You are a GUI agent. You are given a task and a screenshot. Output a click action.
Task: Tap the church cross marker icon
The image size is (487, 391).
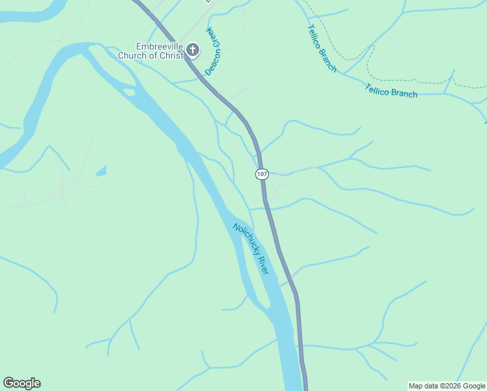[x=193, y=50]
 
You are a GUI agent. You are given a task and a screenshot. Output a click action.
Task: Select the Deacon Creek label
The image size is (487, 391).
[x=214, y=52]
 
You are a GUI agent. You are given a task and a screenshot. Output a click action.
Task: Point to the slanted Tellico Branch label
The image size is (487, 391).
[x=322, y=48]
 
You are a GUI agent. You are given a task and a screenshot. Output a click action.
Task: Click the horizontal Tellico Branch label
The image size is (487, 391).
[x=391, y=91]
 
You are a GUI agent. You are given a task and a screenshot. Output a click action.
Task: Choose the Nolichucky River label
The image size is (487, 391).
[x=251, y=248]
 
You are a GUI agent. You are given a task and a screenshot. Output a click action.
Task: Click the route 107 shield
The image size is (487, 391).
[x=262, y=174]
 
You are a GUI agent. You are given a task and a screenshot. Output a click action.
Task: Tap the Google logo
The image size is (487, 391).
[x=21, y=383]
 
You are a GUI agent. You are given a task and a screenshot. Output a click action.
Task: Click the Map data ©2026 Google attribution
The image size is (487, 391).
[x=447, y=386]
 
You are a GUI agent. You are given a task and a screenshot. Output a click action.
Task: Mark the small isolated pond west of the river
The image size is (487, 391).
[x=102, y=171]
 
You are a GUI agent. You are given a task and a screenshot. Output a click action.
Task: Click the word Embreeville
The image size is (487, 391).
[x=160, y=46]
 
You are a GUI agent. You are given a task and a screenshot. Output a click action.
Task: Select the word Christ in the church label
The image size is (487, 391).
[x=171, y=55]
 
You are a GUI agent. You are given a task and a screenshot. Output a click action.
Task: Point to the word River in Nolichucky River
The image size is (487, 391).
[x=261, y=264]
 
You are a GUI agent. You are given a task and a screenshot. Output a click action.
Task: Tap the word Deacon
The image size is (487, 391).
[x=211, y=64]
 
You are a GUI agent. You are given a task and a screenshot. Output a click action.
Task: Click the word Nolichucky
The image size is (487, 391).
[x=244, y=239]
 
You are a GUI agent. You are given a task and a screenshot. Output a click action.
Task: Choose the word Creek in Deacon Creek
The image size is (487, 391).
[x=216, y=39]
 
